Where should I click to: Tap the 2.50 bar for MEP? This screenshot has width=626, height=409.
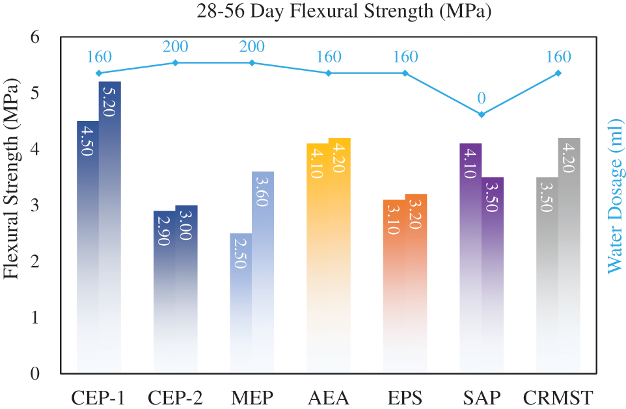pos(241,299)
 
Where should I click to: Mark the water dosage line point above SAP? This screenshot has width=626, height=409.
pos(482,114)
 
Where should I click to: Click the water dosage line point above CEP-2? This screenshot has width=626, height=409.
pos(175,62)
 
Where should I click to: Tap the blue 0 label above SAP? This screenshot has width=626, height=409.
pos(482,99)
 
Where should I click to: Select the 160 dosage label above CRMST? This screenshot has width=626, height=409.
pos(558,57)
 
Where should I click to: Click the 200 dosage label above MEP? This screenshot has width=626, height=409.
pos(252,47)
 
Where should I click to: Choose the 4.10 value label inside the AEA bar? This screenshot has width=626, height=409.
pos(318,163)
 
